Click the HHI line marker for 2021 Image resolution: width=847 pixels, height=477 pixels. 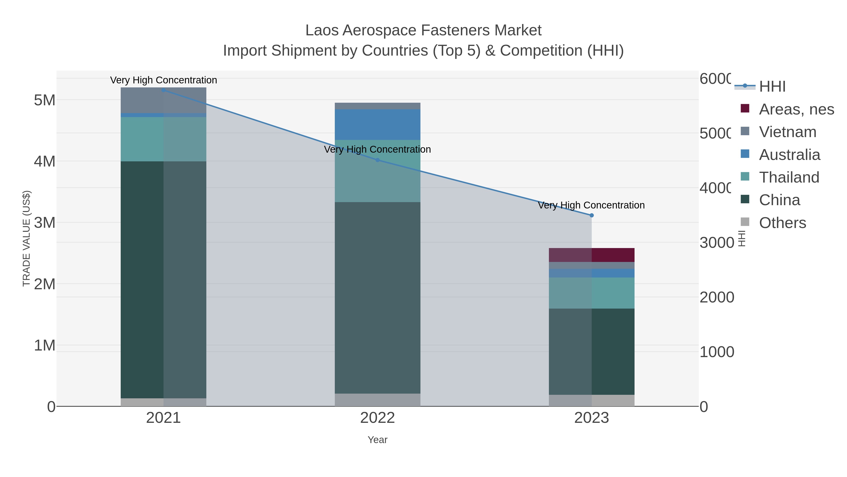[x=164, y=90]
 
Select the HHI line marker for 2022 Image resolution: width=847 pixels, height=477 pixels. [x=377, y=160]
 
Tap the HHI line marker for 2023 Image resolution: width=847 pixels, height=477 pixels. [x=591, y=215]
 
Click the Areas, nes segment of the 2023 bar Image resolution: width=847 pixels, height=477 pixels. [x=591, y=255]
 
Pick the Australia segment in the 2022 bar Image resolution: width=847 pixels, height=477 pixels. [x=377, y=124]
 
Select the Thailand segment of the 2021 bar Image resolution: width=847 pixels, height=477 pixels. [x=164, y=139]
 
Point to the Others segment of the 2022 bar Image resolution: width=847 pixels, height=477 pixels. [x=377, y=400]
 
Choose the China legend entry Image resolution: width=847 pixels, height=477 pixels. [x=779, y=200]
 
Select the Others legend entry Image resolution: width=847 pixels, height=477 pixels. [x=782, y=223]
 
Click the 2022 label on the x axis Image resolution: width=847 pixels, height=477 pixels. [x=377, y=418]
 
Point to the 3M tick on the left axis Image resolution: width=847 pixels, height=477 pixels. [x=45, y=223]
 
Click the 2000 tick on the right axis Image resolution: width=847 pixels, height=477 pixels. [x=717, y=297]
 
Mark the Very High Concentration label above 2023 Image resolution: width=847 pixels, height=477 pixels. [x=591, y=205]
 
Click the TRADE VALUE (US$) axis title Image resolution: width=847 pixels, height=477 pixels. [x=26, y=238]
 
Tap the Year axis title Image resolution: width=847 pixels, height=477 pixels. [x=377, y=440]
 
